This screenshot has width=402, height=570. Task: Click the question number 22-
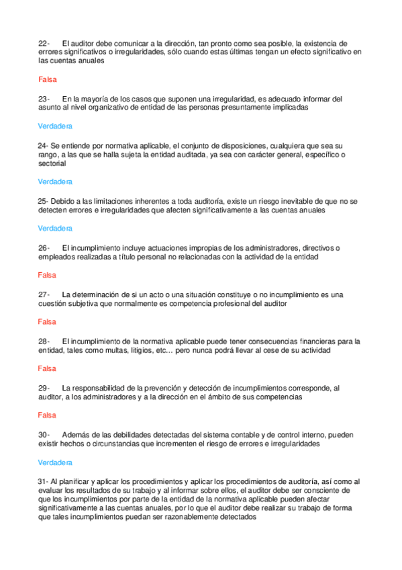[x=44, y=43]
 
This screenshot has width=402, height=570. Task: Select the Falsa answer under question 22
[x=47, y=79]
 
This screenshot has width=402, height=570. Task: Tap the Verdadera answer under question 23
[x=55, y=126]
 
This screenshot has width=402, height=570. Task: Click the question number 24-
[x=43, y=145]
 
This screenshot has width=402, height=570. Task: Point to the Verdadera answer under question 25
[x=55, y=229]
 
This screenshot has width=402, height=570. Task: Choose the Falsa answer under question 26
[x=47, y=275]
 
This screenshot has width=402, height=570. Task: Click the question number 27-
[x=44, y=294]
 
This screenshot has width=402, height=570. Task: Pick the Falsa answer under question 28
[x=47, y=368]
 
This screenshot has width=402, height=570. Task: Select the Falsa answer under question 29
[x=47, y=415]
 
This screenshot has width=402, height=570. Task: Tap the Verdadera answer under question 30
[x=55, y=462]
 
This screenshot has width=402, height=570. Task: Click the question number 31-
[x=43, y=481]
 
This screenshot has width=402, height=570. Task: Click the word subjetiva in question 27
[x=87, y=304]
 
